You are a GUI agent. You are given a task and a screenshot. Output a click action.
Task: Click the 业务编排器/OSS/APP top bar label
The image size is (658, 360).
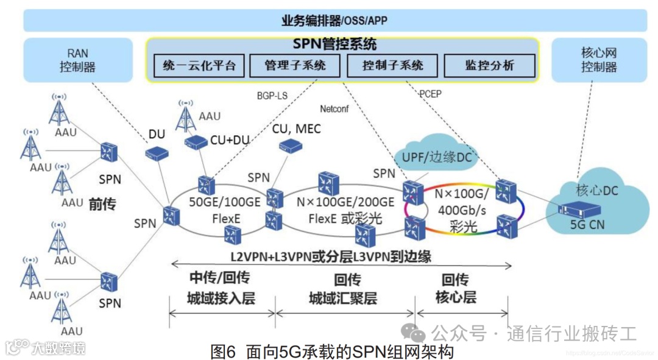coord(334,21)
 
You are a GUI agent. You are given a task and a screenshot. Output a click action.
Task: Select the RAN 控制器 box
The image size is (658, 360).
coord(78,60)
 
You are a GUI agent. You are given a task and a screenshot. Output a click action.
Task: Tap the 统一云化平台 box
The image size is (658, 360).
coord(199,66)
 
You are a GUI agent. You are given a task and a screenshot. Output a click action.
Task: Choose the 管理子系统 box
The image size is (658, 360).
coord(295,66)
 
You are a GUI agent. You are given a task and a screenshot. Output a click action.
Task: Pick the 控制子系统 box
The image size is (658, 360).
coord(392,66)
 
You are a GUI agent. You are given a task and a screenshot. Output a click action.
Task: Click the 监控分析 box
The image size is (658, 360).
coord(489,66)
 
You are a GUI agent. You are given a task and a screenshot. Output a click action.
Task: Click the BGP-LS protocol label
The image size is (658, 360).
coord(272,96)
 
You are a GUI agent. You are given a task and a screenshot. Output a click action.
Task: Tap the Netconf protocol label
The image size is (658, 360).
coord(334,109)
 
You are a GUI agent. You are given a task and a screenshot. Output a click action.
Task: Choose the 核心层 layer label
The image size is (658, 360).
coord(455,298)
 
